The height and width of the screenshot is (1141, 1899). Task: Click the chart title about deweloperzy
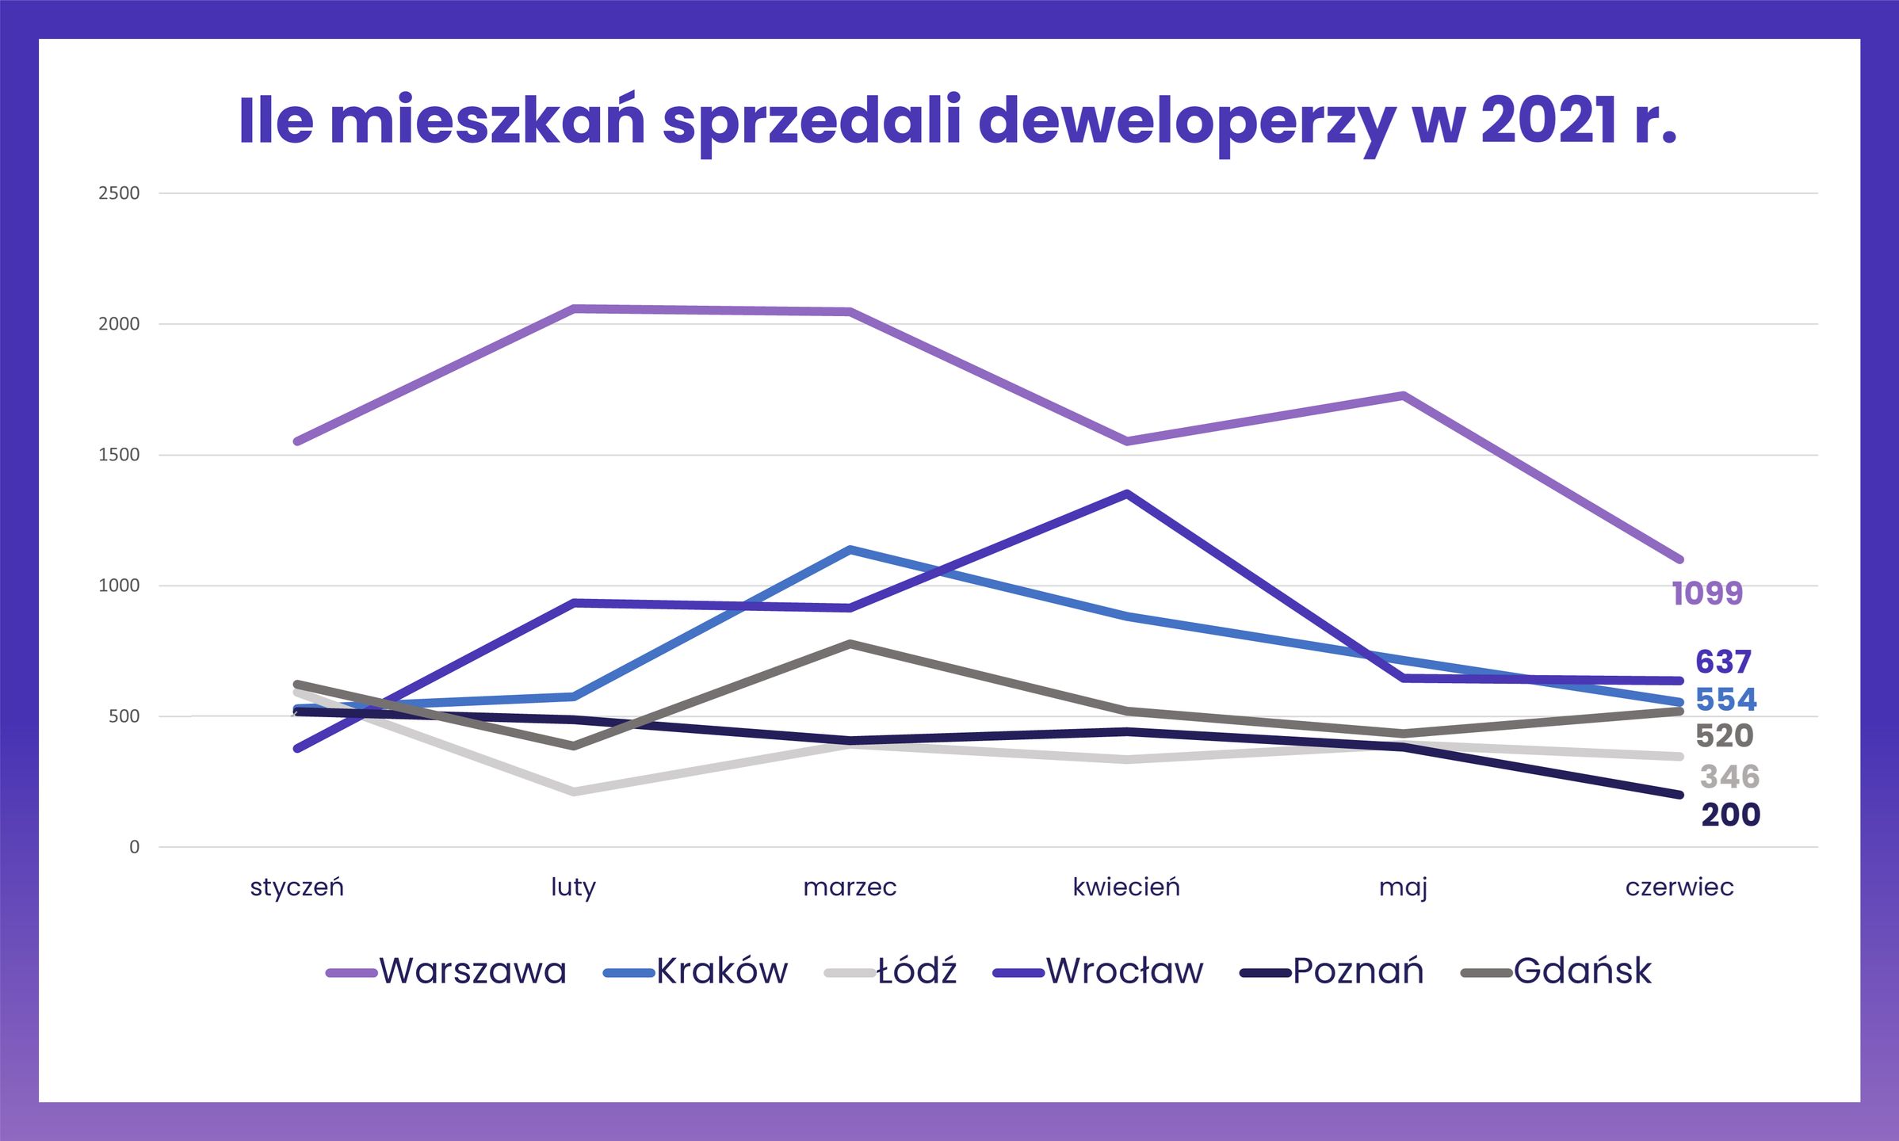[957, 121]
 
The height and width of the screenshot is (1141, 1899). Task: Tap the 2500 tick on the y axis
[119, 193]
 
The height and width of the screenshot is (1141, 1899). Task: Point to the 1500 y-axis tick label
[119, 455]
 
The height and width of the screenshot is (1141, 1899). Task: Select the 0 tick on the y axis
[134, 847]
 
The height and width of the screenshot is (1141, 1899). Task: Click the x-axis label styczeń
[297, 887]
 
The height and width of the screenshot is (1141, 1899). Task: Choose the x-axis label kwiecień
[1126, 887]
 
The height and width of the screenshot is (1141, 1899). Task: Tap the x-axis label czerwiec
[1679, 887]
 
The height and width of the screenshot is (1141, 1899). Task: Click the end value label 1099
[1707, 593]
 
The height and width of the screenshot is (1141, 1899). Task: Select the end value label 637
[1723, 662]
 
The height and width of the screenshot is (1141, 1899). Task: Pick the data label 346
[1729, 777]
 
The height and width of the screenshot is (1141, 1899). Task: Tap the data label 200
[1731, 815]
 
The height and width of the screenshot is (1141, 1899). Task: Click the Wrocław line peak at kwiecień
[1126, 494]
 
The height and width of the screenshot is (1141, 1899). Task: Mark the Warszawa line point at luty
[574, 308]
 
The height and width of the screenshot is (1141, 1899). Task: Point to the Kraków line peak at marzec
[850, 549]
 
